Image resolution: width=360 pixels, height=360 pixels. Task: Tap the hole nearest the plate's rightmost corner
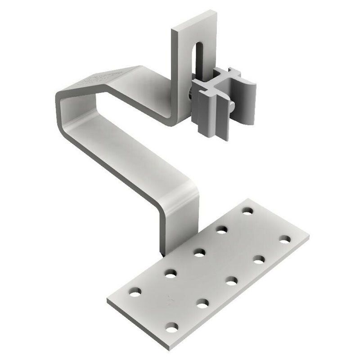click(284, 238)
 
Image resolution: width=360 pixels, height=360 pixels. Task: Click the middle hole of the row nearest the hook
click(198, 251)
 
